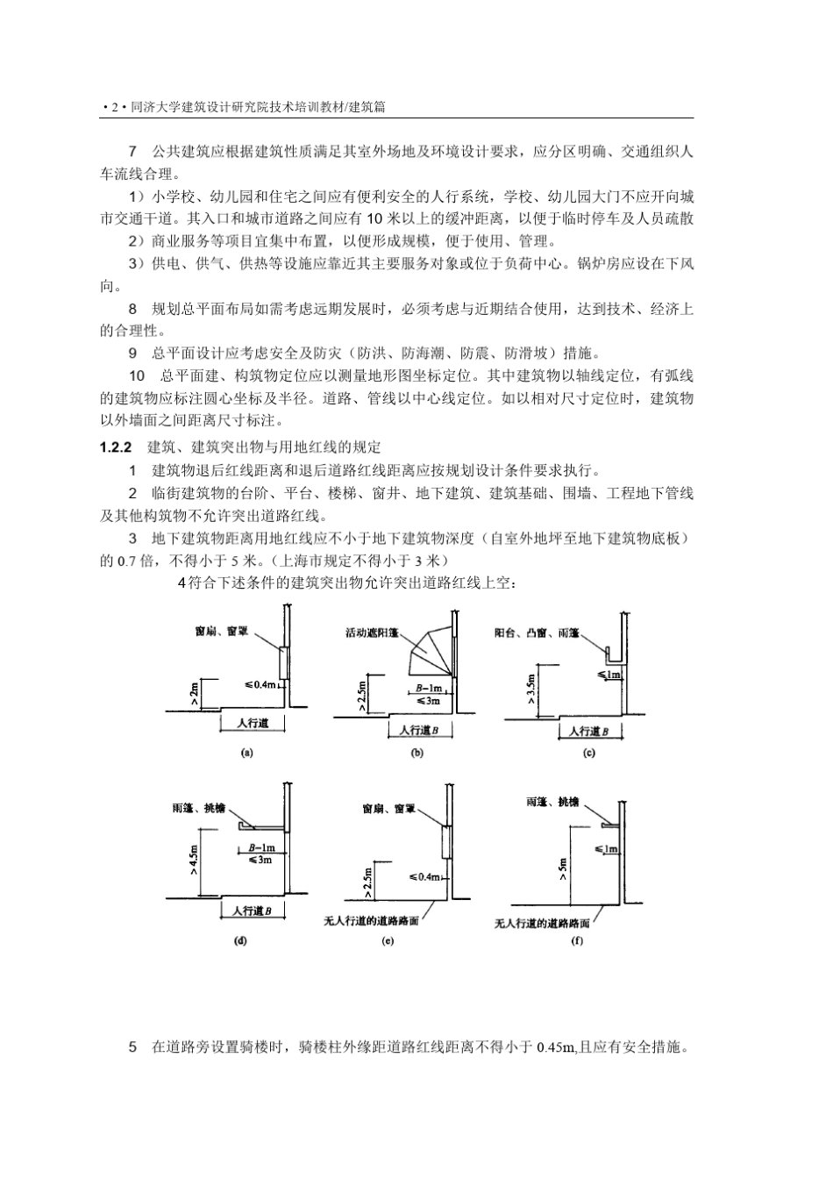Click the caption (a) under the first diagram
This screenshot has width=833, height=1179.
click(x=246, y=753)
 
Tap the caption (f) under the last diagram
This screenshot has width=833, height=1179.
click(x=576, y=941)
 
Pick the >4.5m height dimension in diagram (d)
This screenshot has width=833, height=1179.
click(x=194, y=858)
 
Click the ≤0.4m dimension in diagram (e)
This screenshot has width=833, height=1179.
click(x=424, y=876)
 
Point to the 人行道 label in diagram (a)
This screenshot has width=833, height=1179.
click(x=252, y=724)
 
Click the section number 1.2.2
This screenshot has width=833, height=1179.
click(x=116, y=447)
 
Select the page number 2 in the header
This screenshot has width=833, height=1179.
click(x=114, y=108)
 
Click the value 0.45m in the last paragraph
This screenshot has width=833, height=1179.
click(x=556, y=1047)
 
